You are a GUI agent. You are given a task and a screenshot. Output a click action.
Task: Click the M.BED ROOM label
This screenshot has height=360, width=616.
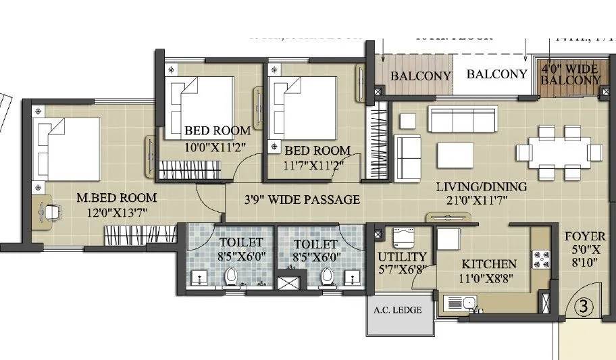tap(116, 198)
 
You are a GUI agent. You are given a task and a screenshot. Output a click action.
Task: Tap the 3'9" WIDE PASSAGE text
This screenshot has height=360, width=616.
tap(302, 199)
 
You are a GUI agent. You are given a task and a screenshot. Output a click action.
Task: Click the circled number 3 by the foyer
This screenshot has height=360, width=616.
tap(582, 306)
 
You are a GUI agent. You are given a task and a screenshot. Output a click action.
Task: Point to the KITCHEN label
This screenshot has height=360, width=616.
tap(489, 264)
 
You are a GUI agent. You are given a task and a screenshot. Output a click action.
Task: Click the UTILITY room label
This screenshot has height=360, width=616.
tap(403, 257)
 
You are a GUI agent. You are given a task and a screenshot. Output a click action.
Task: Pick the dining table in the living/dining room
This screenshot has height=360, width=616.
tap(557, 152)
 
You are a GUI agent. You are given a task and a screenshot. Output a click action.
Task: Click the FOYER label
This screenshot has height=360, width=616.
tap(589, 237)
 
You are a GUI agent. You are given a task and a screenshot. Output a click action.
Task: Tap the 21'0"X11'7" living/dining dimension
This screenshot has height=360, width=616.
tap(471, 200)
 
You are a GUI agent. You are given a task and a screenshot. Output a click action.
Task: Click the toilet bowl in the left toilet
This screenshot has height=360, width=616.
tap(231, 276)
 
